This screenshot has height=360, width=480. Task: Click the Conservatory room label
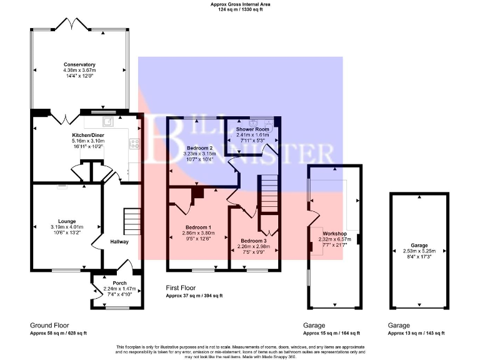pyautogui.click(x=79, y=64)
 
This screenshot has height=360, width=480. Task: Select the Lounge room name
pyautogui.click(x=67, y=221)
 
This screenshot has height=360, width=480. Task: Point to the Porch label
pyautogui.click(x=119, y=283)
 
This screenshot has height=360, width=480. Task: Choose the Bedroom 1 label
pyautogui.click(x=198, y=227)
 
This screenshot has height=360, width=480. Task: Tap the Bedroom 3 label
pyautogui.click(x=254, y=241)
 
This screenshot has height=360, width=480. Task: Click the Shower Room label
pyautogui.click(x=252, y=129)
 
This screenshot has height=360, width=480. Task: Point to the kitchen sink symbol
pyautogui.click(x=109, y=121)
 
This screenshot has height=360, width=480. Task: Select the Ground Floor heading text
pyautogui.click(x=49, y=326)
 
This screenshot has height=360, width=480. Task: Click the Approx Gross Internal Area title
pyautogui.click(x=240, y=5)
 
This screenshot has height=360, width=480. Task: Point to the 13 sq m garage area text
pyautogui.click(x=417, y=333)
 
